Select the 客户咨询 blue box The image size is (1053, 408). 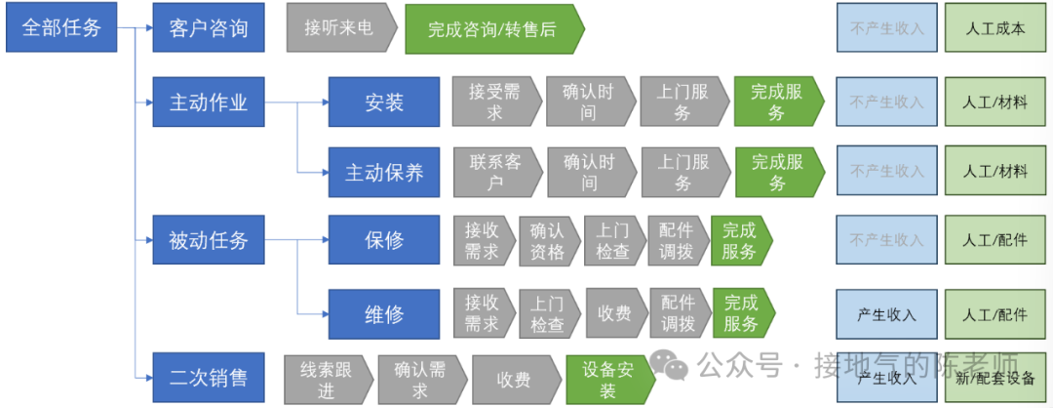(209, 27)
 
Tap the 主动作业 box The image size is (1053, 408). (209, 102)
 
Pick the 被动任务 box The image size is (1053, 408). (209, 240)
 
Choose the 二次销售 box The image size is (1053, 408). (209, 378)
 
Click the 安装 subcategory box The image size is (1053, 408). (384, 102)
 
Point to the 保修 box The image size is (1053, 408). (384, 240)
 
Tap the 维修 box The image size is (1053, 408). (384, 313)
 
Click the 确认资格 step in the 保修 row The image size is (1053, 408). (547, 240)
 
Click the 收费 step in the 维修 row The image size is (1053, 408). (614, 313)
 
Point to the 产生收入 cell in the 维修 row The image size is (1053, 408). (886, 314)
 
